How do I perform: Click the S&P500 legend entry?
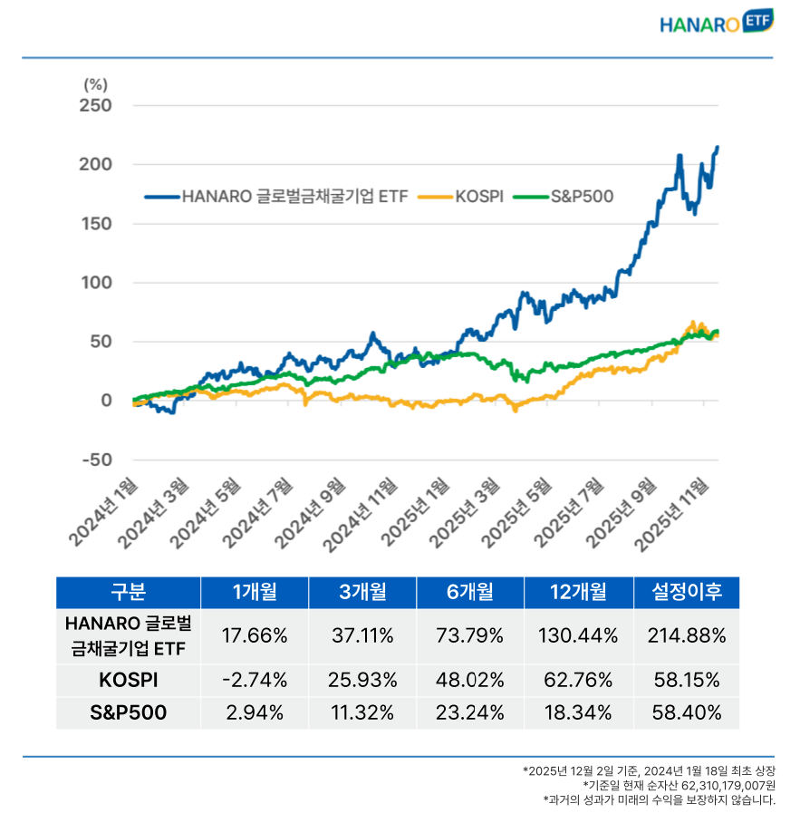[x=569, y=195]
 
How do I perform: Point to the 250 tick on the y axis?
[x=96, y=106]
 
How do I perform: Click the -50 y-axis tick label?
[x=96, y=460]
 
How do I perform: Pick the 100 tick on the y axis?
[x=96, y=283]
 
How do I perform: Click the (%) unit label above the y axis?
[x=95, y=84]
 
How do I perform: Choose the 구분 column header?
[x=128, y=593]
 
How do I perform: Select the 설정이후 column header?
[x=686, y=593]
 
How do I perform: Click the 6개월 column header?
[x=470, y=593]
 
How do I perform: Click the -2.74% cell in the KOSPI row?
[x=255, y=680]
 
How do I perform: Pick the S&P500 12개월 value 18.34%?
[x=578, y=712]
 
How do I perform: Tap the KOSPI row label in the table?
[x=128, y=680]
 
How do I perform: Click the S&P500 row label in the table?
[x=128, y=712]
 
